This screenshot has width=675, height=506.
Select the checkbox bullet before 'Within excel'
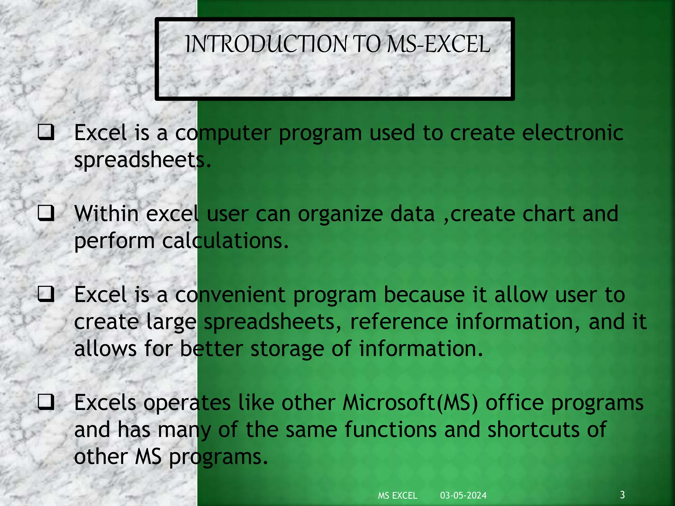pos(46,213)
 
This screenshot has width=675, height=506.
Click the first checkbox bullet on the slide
pos(46,132)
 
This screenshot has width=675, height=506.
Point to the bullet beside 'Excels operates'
pos(46,402)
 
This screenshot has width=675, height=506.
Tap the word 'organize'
pos(340,214)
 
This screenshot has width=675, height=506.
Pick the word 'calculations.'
pos(225,241)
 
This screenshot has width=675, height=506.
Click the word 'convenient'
pos(230,295)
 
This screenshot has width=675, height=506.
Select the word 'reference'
pos(399,322)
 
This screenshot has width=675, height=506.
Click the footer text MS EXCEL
pos(397,495)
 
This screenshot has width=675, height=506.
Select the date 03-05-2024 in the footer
pos(463,495)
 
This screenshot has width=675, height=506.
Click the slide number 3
pos(622,494)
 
